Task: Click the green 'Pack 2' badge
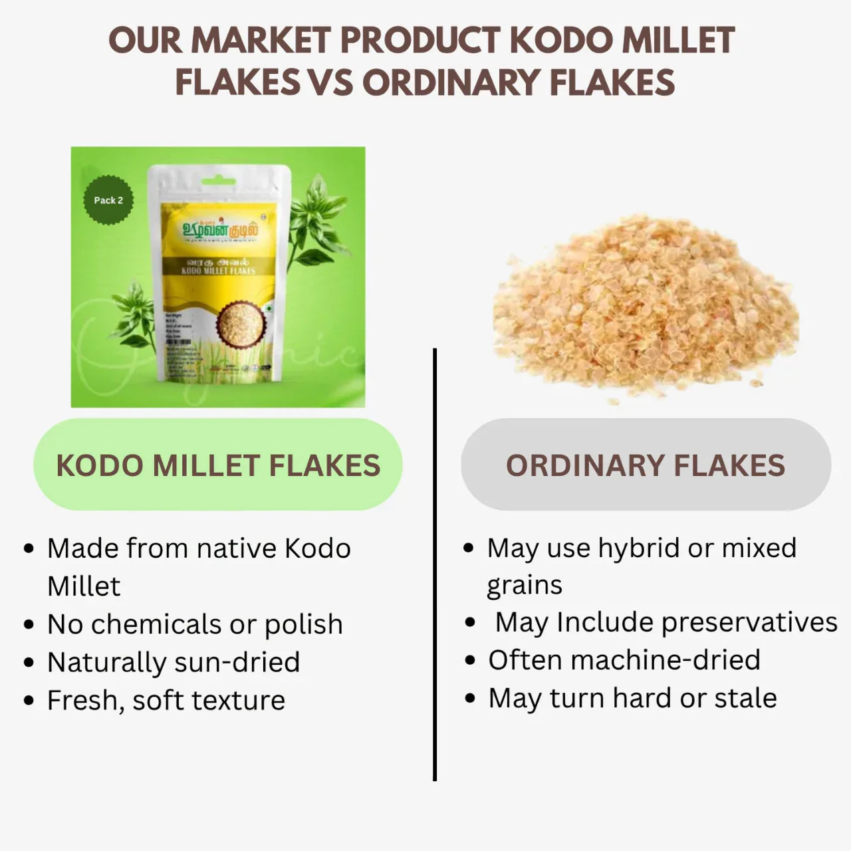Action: [x=108, y=200]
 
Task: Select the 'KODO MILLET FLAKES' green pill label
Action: [x=218, y=465]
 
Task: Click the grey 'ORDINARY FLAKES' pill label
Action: [x=646, y=465]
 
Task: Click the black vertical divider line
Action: [x=435, y=565]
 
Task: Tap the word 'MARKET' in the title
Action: [x=264, y=41]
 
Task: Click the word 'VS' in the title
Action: [x=330, y=83]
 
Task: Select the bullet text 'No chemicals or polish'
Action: [x=195, y=624]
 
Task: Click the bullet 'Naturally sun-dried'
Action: [x=174, y=662]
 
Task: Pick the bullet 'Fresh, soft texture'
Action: [x=166, y=700]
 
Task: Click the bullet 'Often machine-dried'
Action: [x=624, y=660]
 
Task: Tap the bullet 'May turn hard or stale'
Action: [x=632, y=698]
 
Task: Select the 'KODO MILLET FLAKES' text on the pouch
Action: [x=218, y=271]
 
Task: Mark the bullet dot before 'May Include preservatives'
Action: [x=471, y=623]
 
